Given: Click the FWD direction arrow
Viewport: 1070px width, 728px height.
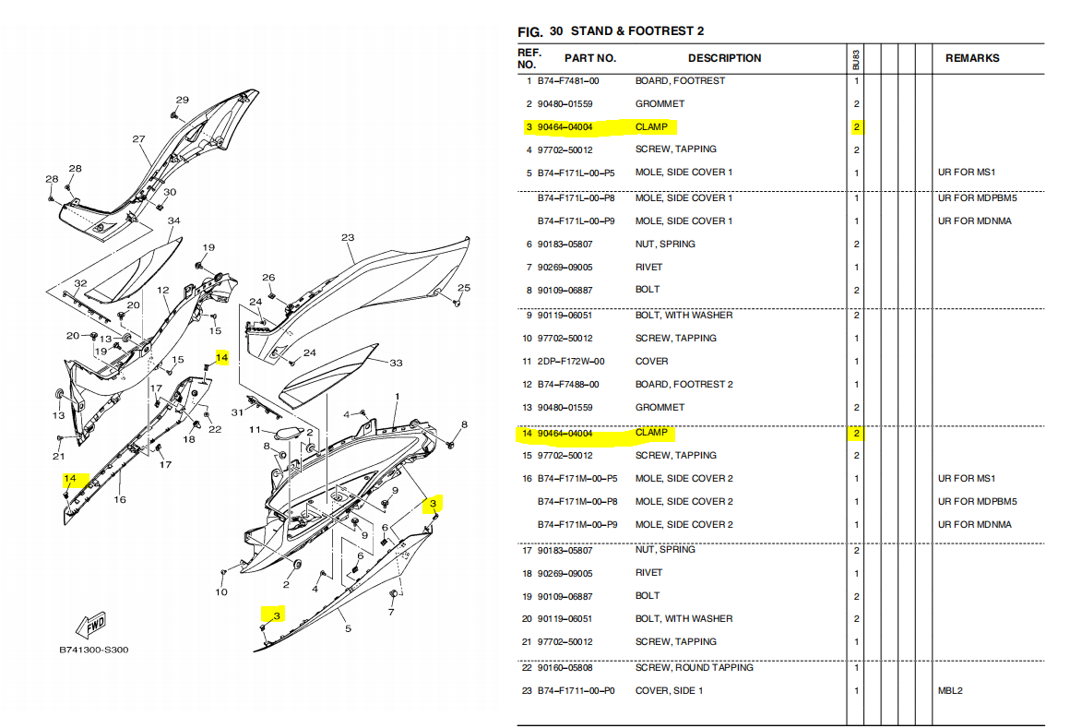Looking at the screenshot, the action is coord(90,625).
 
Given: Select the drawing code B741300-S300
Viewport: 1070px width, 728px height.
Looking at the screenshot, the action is coord(93,650).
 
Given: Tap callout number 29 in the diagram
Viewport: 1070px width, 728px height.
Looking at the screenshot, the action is coord(183,100).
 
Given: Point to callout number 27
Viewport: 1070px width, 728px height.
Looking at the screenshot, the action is coord(138,138).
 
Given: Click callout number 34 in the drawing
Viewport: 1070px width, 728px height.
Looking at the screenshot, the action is coord(174,221).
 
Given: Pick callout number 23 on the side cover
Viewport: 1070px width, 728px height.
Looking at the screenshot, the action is coord(348,237).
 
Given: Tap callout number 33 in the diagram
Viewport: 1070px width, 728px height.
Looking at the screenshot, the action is coord(396,363).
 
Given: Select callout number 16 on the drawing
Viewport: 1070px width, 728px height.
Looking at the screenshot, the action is coord(120,499).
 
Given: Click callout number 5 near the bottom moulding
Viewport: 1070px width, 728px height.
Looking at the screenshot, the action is coord(348,628).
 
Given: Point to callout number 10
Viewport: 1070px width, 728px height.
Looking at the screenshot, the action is coord(221,591).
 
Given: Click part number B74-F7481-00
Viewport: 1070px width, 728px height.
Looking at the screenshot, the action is coord(568,80).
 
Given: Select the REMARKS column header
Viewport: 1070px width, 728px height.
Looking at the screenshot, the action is coord(971,58).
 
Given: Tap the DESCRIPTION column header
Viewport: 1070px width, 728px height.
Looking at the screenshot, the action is coord(724,58).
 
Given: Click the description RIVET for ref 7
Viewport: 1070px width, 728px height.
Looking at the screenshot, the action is coord(648,267).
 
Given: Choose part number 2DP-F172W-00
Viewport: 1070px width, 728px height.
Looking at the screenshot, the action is coord(570,361).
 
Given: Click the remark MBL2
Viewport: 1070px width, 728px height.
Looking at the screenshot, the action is coord(950,690).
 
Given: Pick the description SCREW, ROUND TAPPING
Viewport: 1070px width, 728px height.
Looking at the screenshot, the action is coord(694,667).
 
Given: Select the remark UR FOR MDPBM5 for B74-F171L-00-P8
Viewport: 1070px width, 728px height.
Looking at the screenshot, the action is coord(977,197).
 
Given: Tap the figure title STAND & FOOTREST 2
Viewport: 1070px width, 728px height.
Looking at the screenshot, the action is coord(636,30).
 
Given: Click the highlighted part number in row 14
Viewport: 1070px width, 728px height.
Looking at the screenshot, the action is coord(565,434).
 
